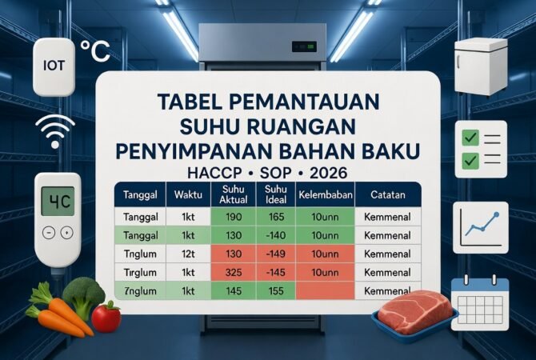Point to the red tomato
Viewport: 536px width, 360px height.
[x=106, y=317]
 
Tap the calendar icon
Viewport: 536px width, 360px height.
[x=479, y=298]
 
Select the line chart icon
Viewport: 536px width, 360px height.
[x=479, y=227]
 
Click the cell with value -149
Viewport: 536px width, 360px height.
[x=272, y=254]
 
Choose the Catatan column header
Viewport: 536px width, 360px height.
[x=385, y=195]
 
